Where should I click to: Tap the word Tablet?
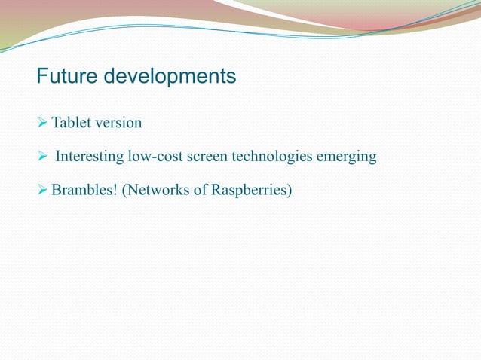[x=69, y=123]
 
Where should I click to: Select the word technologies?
[x=279, y=157]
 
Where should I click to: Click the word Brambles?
[x=82, y=189]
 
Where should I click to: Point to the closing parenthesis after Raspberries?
[x=289, y=190]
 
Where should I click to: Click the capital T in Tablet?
[x=55, y=123]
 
